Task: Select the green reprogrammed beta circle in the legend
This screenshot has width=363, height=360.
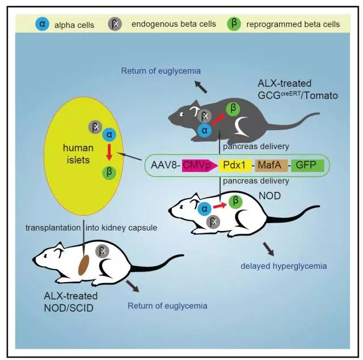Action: click(232, 24)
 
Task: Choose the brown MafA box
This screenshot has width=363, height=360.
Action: click(271, 166)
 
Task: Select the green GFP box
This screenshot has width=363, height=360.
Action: click(307, 166)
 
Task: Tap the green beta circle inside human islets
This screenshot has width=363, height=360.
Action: click(106, 173)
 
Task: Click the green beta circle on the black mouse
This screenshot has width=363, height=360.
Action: click(232, 108)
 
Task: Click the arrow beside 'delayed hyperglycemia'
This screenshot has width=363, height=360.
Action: click(268, 248)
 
